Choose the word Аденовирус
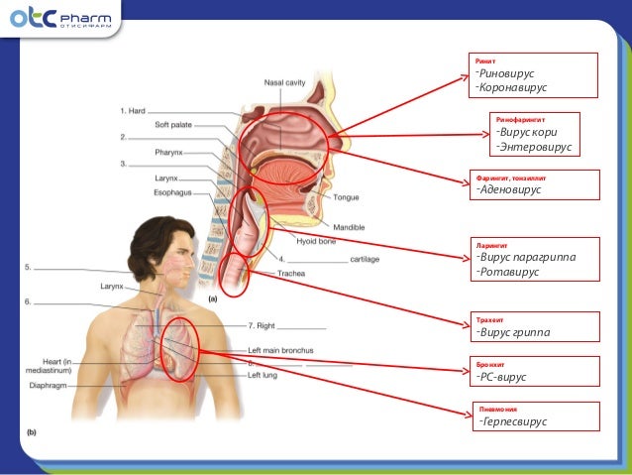pos(512,189)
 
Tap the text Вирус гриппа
pos(515,331)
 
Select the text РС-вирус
pos(503,377)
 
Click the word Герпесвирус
pos(515,421)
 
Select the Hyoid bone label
pos(316,241)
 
